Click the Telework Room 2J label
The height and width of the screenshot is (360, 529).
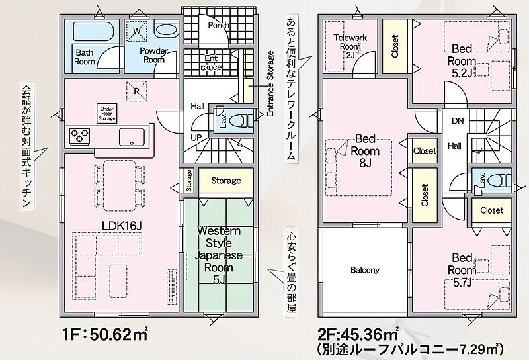pos(350,46)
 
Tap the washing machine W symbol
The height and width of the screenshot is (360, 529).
pos(137,31)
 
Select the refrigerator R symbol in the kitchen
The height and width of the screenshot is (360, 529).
pos(137,91)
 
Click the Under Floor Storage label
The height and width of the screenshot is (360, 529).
pos(106,114)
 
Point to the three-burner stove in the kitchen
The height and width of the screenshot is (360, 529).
pos(79,136)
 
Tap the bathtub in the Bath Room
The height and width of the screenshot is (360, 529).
pos(93,32)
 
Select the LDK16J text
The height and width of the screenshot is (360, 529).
pos(122,226)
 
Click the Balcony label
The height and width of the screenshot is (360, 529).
pos(365,270)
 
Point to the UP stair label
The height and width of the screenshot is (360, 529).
pos(196,138)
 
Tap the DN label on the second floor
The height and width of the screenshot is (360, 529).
pos(458,121)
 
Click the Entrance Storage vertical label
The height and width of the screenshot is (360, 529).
pos(270,84)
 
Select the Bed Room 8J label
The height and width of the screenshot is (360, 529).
pos(365,151)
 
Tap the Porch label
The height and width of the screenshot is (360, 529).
pos(218,26)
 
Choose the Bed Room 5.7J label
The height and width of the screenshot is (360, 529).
pos(462,270)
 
